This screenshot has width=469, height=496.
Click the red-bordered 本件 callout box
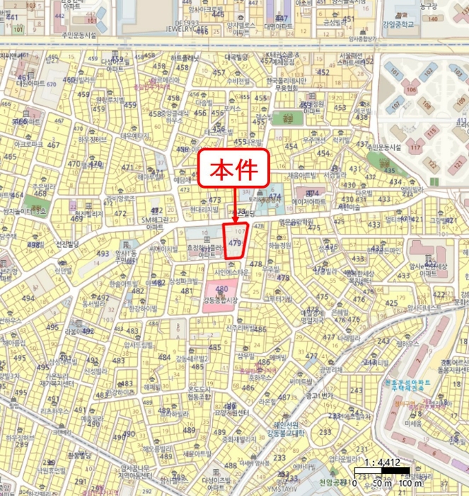[x=234, y=169]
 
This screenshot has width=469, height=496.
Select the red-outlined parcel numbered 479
[x=235, y=241]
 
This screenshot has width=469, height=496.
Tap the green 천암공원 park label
[x=334, y=483]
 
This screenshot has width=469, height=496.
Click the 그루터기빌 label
[x=277, y=298]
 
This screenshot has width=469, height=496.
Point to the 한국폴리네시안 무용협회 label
[x=283, y=84]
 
